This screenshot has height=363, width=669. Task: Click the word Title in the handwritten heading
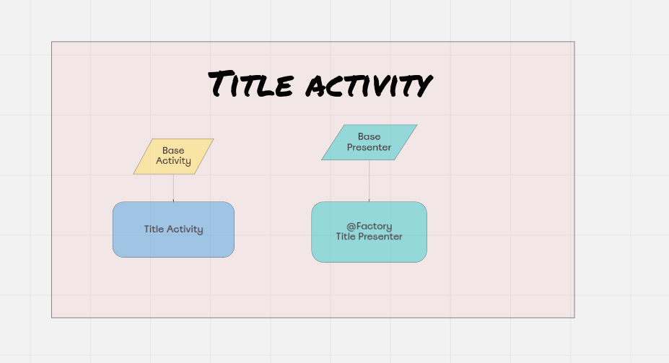(x=251, y=84)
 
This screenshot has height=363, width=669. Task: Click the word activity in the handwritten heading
(x=367, y=86)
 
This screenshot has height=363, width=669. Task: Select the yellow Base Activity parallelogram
(x=173, y=156)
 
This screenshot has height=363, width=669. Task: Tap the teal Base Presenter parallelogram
(x=369, y=142)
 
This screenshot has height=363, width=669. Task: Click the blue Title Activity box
(x=173, y=229)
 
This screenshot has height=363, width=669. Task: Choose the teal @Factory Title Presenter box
(x=369, y=232)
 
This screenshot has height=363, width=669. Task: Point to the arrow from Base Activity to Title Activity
(x=173, y=187)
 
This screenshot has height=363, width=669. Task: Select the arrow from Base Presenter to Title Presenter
(x=369, y=180)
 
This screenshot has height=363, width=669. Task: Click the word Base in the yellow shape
(x=173, y=151)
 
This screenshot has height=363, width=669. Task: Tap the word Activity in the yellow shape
(x=173, y=161)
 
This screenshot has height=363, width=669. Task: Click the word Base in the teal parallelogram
(x=369, y=136)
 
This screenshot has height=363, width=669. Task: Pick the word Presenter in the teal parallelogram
(x=369, y=147)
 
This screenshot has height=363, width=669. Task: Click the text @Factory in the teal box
(x=369, y=226)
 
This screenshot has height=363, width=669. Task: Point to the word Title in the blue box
(x=154, y=229)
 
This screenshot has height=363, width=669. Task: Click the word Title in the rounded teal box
(x=346, y=237)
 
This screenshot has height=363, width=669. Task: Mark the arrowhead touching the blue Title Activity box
(x=173, y=200)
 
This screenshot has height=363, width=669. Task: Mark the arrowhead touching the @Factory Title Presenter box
(x=369, y=200)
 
